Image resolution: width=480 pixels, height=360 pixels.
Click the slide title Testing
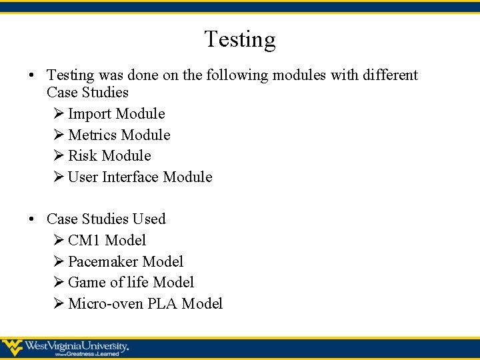click(239, 40)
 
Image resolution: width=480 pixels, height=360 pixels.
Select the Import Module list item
click(116, 114)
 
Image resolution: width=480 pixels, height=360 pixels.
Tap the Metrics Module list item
click(119, 135)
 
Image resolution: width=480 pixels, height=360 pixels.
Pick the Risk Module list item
click(109, 156)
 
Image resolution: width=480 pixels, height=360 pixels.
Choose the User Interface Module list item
click(140, 177)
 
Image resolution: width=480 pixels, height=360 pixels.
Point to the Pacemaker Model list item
click(125, 262)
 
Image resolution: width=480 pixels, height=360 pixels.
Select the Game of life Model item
click(131, 283)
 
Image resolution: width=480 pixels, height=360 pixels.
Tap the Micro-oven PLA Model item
click(145, 304)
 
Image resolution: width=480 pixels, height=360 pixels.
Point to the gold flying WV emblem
click(12, 347)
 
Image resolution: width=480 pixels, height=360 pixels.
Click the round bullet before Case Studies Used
click(32, 219)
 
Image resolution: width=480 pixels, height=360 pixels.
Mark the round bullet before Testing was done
click(32, 75)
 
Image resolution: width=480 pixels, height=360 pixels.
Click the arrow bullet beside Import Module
click(58, 114)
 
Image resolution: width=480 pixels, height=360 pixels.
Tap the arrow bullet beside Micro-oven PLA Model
click(58, 304)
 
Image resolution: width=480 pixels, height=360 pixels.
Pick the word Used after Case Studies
click(149, 219)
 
